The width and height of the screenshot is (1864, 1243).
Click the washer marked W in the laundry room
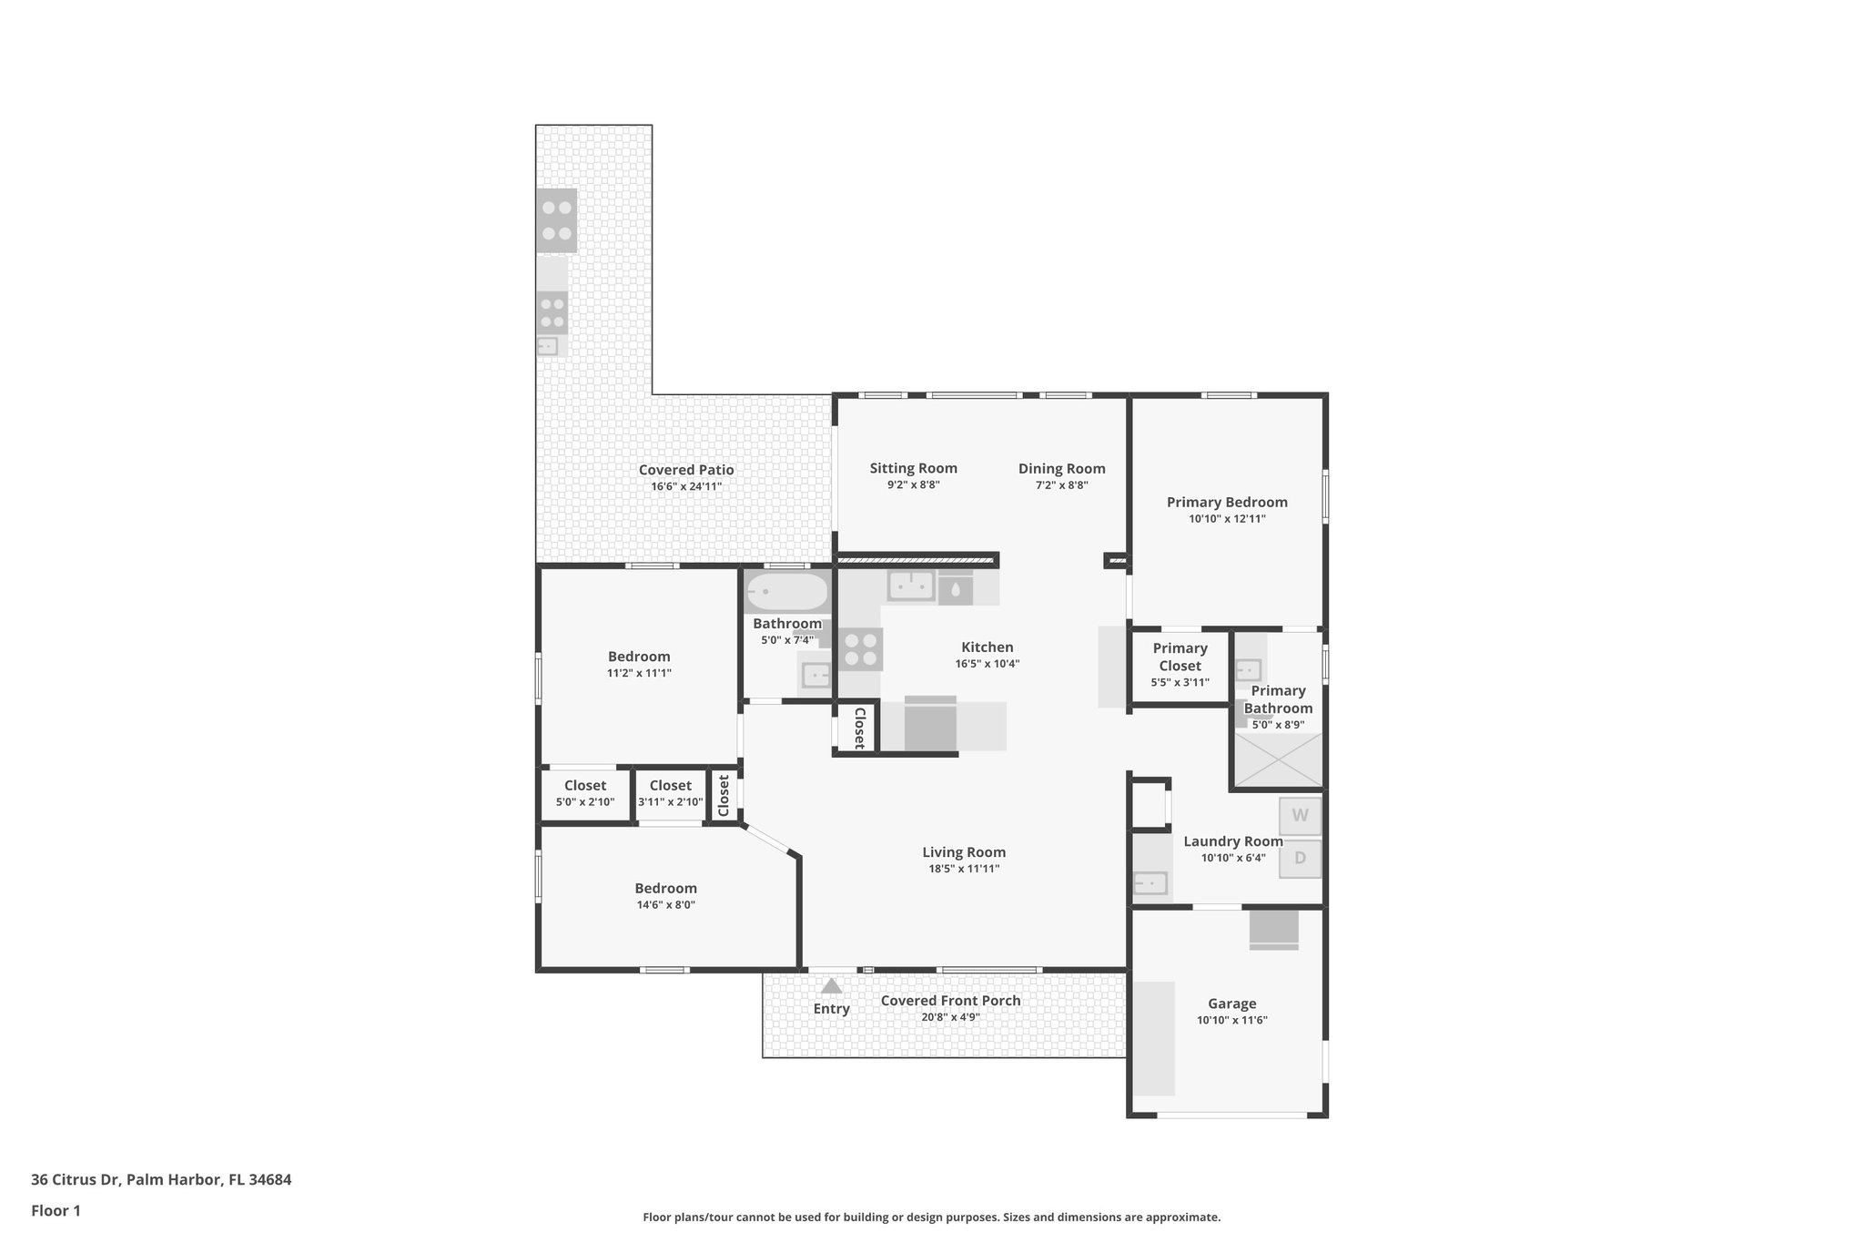[1300, 816]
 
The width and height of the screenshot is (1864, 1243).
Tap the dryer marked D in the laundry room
[1300, 858]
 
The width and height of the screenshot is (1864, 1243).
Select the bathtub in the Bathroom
[787, 592]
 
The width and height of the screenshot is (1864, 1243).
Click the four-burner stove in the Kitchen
[860, 649]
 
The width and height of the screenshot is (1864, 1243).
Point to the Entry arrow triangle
[831, 986]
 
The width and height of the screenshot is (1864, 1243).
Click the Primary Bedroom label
[1227, 503]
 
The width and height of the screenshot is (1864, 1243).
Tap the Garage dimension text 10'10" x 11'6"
[1231, 1020]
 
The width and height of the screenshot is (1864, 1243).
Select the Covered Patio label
[685, 470]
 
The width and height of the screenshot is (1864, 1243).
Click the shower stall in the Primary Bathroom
[1278, 760]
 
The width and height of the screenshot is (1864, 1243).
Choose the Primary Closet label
[1180, 657]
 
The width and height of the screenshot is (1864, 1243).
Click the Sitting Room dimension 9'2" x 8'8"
[913, 485]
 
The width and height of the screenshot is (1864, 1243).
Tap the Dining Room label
[1061, 469]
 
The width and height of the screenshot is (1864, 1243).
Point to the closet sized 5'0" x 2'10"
[585, 793]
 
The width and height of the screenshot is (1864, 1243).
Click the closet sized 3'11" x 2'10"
[671, 793]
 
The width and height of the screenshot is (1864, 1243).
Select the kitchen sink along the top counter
[911, 587]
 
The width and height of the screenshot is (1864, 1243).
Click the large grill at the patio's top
[556, 220]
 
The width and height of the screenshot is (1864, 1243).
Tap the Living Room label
[964, 852]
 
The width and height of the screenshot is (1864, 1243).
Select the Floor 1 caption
[56, 1210]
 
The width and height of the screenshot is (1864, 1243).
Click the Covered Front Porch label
[950, 1001]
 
